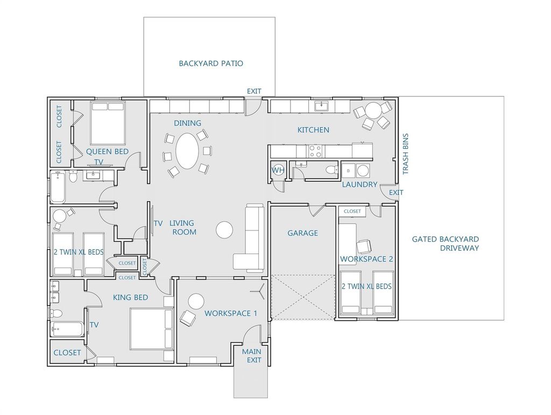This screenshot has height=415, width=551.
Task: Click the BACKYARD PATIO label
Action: pyautogui.click(x=211, y=64)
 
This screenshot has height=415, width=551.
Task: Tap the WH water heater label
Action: pyautogui.click(x=278, y=171)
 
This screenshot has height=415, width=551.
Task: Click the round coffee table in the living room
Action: pyautogui.click(x=224, y=230)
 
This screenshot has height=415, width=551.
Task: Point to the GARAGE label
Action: pyautogui.click(x=302, y=233)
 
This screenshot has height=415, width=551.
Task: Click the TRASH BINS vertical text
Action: pyautogui.click(x=406, y=154)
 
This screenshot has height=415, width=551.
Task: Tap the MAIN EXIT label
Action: pyautogui.click(x=252, y=356)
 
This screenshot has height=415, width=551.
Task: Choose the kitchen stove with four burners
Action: pyautogui.click(x=315, y=151)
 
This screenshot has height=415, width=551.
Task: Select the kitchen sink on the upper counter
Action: pyautogui.click(x=321, y=106)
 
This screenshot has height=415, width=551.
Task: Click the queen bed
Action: pyautogui.click(x=108, y=123)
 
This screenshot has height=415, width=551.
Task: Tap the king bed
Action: pyautogui.click(x=151, y=329)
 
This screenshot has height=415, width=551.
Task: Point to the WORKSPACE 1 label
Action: pyautogui.click(x=231, y=313)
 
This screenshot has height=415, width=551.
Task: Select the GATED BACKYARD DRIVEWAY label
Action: pyautogui.click(x=445, y=243)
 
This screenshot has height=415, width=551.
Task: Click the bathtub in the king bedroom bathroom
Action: pyautogui.click(x=67, y=329)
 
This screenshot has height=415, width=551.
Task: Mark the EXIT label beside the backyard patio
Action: pyautogui.click(x=254, y=92)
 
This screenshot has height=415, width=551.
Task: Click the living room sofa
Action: pyautogui.click(x=250, y=238)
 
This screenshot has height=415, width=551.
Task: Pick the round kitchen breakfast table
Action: pyautogui.click(x=373, y=111)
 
